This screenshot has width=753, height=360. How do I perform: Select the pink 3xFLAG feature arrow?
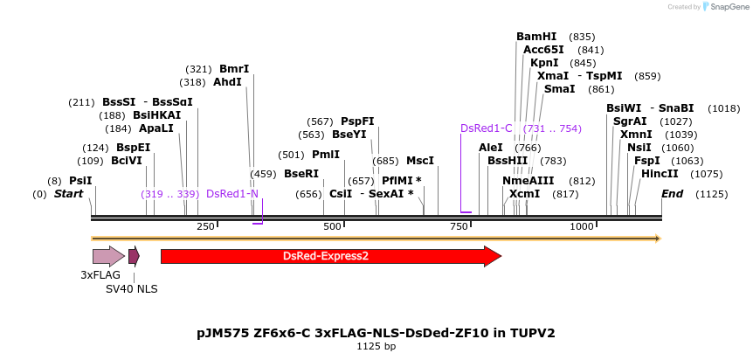pyautogui.click(x=108, y=256)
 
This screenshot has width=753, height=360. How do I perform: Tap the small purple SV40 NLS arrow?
pyautogui.click(x=134, y=256)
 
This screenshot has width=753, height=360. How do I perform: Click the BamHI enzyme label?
pyautogui.click(x=536, y=37)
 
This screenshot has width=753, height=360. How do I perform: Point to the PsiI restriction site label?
pyautogui.click(x=80, y=180)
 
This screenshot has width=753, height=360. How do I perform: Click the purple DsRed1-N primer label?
pyautogui.click(x=232, y=193)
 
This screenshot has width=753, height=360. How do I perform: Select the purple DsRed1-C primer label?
pyautogui.click(x=487, y=128)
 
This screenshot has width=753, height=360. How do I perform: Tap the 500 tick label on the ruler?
pyautogui.click(x=333, y=226)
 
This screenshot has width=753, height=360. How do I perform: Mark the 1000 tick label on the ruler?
pyautogui.click(x=583, y=226)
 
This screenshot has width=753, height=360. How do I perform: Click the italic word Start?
pyautogui.click(x=68, y=193)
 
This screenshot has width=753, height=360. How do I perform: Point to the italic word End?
pyautogui.click(x=672, y=193)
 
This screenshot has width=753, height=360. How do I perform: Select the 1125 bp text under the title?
pyautogui.click(x=376, y=346)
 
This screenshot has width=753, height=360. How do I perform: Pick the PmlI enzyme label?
pyautogui.click(x=326, y=155)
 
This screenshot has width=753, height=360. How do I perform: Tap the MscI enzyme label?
pyautogui.click(x=420, y=161)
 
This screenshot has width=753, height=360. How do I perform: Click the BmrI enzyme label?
pyautogui.click(x=234, y=69)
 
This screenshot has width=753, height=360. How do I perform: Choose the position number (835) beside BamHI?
pyautogui.click(x=582, y=37)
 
